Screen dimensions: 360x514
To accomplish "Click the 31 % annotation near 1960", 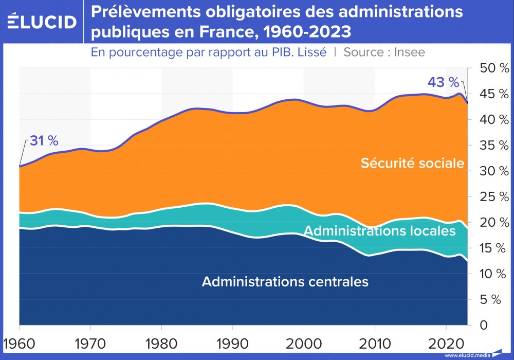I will [x=44, y=140].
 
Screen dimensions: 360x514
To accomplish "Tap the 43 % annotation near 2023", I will [x=443, y=82].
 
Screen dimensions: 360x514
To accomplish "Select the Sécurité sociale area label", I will [x=412, y=164].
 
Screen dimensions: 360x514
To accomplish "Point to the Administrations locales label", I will [x=379, y=231].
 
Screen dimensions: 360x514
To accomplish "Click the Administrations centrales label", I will [x=285, y=282].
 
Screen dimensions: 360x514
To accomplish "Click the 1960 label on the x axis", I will [x=19, y=343].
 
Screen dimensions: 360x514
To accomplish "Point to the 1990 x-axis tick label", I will [x=232, y=343].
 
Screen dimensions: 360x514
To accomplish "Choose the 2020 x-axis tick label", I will [x=446, y=343].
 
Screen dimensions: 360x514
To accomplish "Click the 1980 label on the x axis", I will [x=161, y=343].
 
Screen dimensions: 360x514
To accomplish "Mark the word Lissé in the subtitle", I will [x=311, y=52].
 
